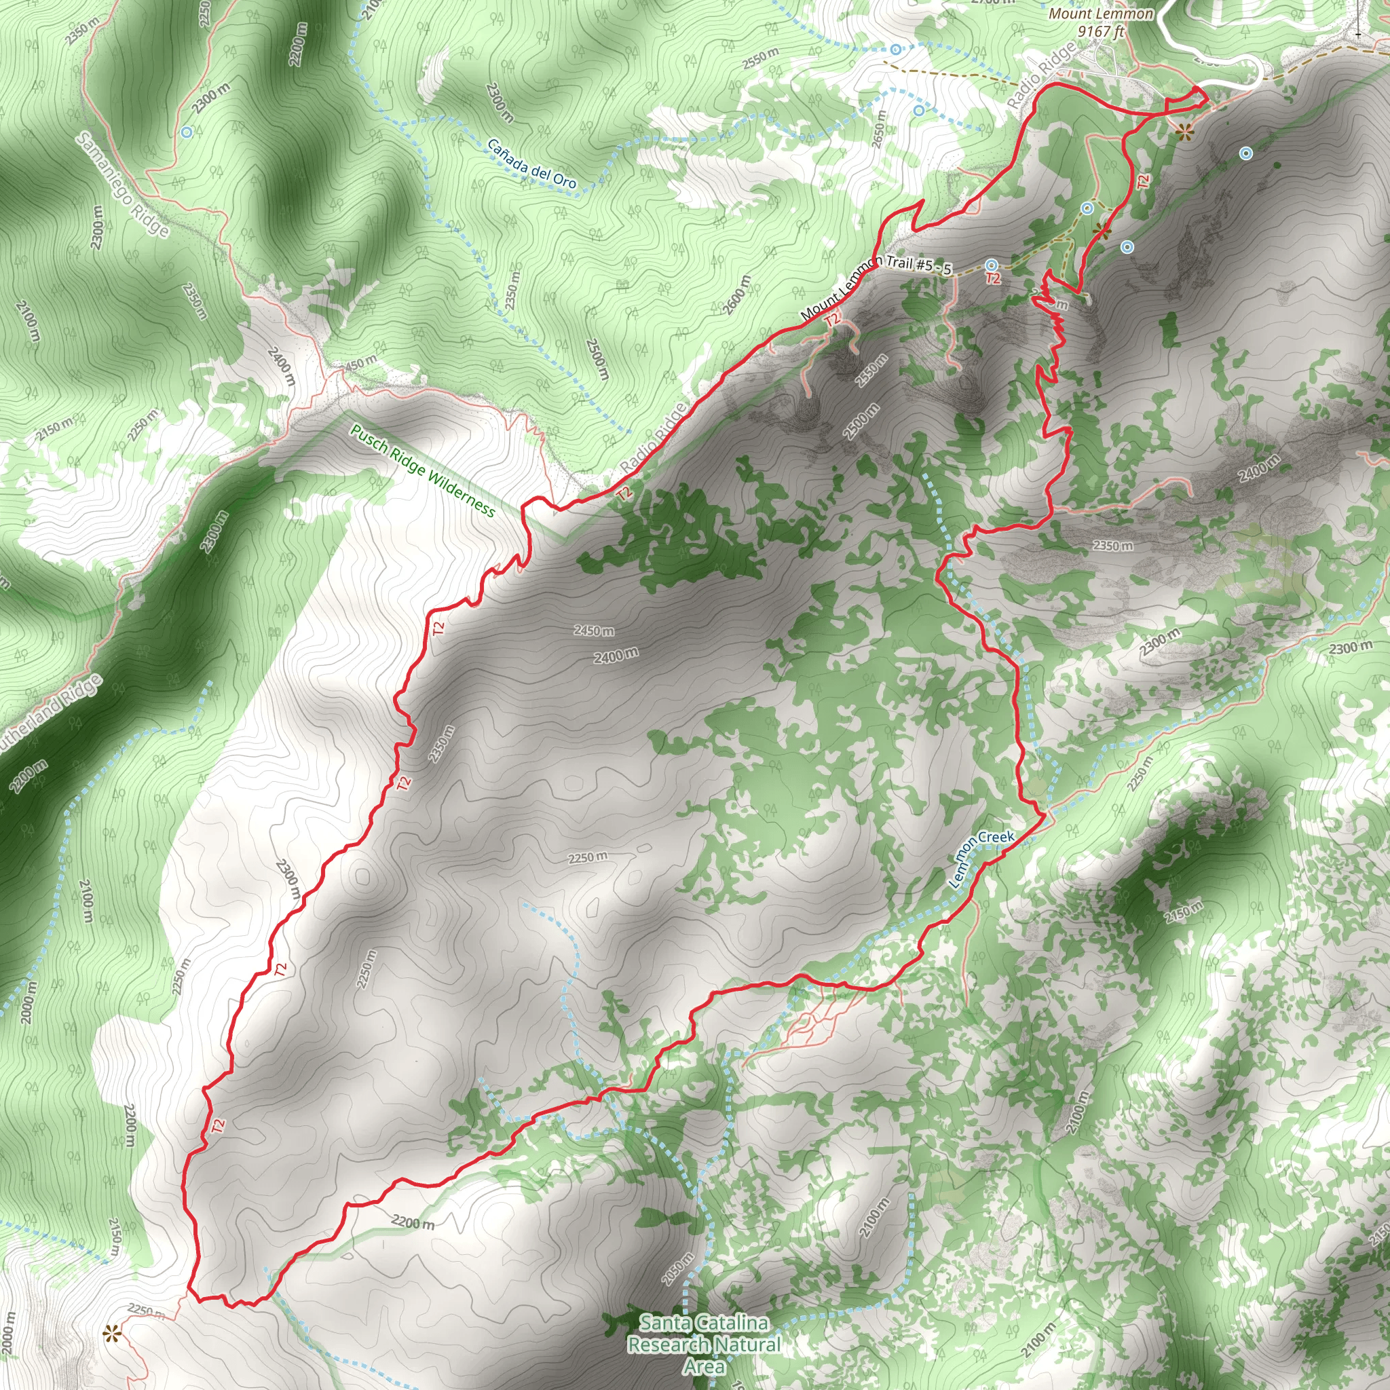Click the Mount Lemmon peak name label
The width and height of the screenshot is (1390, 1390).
click(x=1101, y=14)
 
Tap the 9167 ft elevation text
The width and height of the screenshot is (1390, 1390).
click(x=1100, y=31)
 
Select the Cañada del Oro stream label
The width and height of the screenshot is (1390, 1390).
click(x=531, y=164)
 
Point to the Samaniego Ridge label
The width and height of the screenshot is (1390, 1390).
click(x=123, y=184)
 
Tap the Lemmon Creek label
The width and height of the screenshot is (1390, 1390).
click(x=981, y=859)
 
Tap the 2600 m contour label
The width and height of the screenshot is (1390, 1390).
click(x=736, y=295)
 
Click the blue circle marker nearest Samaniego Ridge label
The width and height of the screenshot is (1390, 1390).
click(x=187, y=132)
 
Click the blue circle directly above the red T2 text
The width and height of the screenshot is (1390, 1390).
click(x=992, y=265)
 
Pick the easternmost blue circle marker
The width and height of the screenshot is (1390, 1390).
click(x=1245, y=153)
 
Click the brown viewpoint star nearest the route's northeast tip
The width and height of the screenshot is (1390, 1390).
click(x=1184, y=132)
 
